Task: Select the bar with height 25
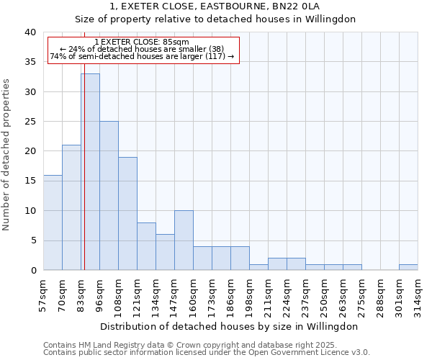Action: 109,195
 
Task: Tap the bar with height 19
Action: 127,213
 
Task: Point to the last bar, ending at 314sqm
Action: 408,267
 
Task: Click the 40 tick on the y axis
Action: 30,32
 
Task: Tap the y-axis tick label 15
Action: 30,181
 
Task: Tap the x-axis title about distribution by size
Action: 229,326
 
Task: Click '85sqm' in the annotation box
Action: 176,42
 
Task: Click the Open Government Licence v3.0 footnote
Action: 302,352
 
